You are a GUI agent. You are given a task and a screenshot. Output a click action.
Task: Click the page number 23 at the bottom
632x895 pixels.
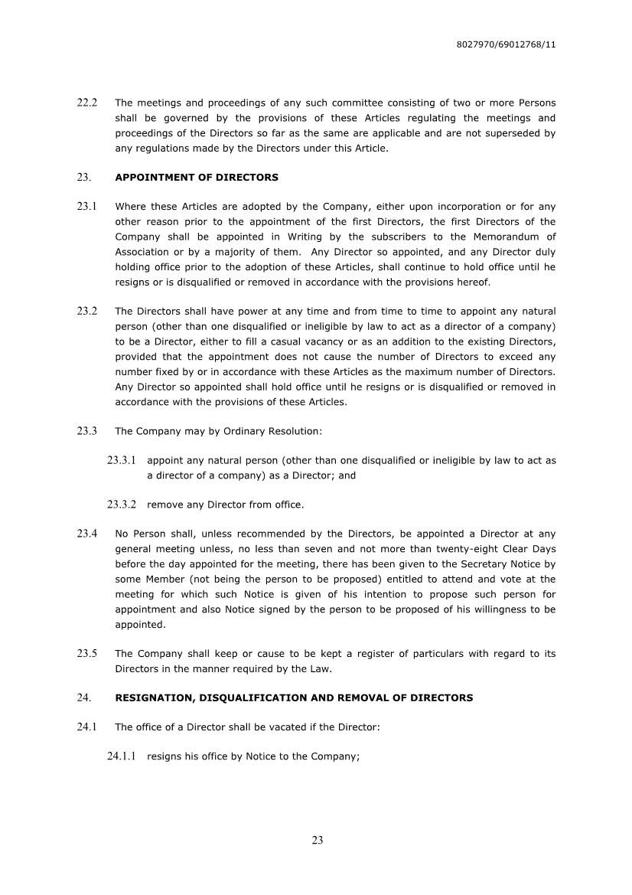318,840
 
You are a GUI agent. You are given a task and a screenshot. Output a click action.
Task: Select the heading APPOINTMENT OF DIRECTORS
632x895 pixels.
197,178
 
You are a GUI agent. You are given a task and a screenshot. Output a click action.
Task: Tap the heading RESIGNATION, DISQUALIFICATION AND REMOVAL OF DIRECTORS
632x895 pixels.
294,698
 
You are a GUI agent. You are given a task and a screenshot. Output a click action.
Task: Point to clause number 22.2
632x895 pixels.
87,103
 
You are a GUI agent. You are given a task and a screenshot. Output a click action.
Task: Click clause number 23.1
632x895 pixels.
87,207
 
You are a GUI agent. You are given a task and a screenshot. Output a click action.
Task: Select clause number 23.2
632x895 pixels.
87,312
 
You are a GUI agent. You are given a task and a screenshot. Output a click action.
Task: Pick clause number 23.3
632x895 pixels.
87,431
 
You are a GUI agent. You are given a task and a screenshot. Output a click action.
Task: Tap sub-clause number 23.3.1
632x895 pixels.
122,461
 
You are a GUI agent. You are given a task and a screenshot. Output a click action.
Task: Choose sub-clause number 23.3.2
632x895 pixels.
122,505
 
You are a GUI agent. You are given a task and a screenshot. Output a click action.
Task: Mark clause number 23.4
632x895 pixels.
87,534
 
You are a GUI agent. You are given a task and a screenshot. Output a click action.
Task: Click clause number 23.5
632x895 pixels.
87,654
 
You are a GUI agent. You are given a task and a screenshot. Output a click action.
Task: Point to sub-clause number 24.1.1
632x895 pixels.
122,756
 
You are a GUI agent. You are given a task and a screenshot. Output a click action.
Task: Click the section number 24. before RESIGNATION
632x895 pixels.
84,698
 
